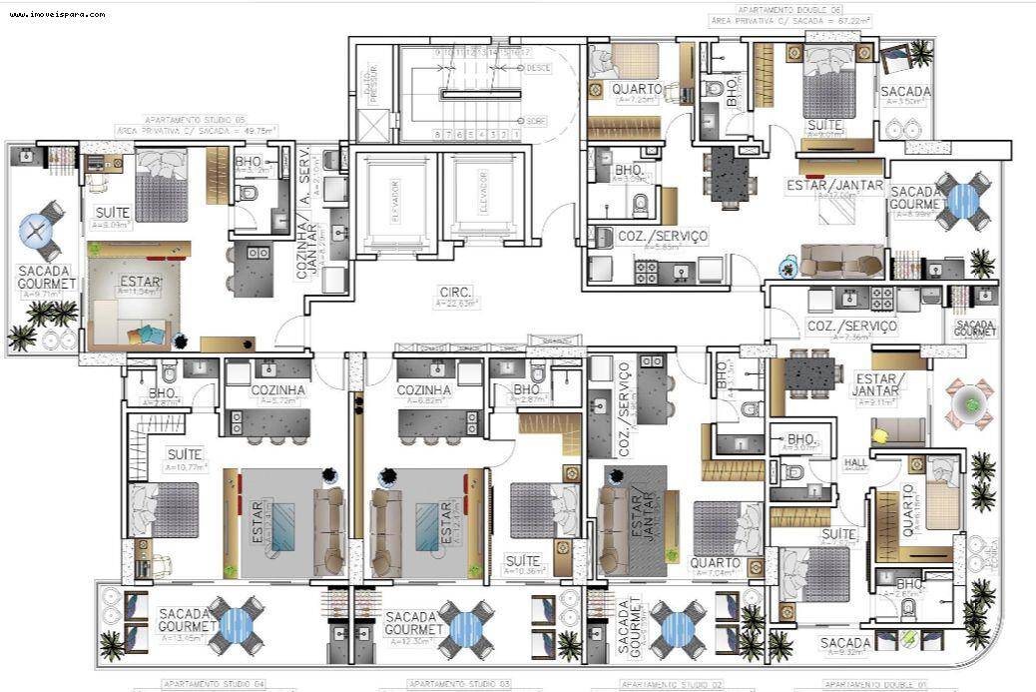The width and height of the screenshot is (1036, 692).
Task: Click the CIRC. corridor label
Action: [x=453, y=293]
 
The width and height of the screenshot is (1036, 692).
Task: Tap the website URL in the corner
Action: [x=59, y=14]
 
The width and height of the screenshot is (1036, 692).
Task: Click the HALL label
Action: [x=855, y=462]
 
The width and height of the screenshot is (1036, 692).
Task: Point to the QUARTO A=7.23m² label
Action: [x=637, y=93]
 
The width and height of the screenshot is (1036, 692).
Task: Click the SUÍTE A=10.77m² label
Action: [x=184, y=459]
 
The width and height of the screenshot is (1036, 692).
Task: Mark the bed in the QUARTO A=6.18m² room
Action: [x=941, y=493]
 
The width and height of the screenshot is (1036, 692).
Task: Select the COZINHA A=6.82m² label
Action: [x=424, y=392]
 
